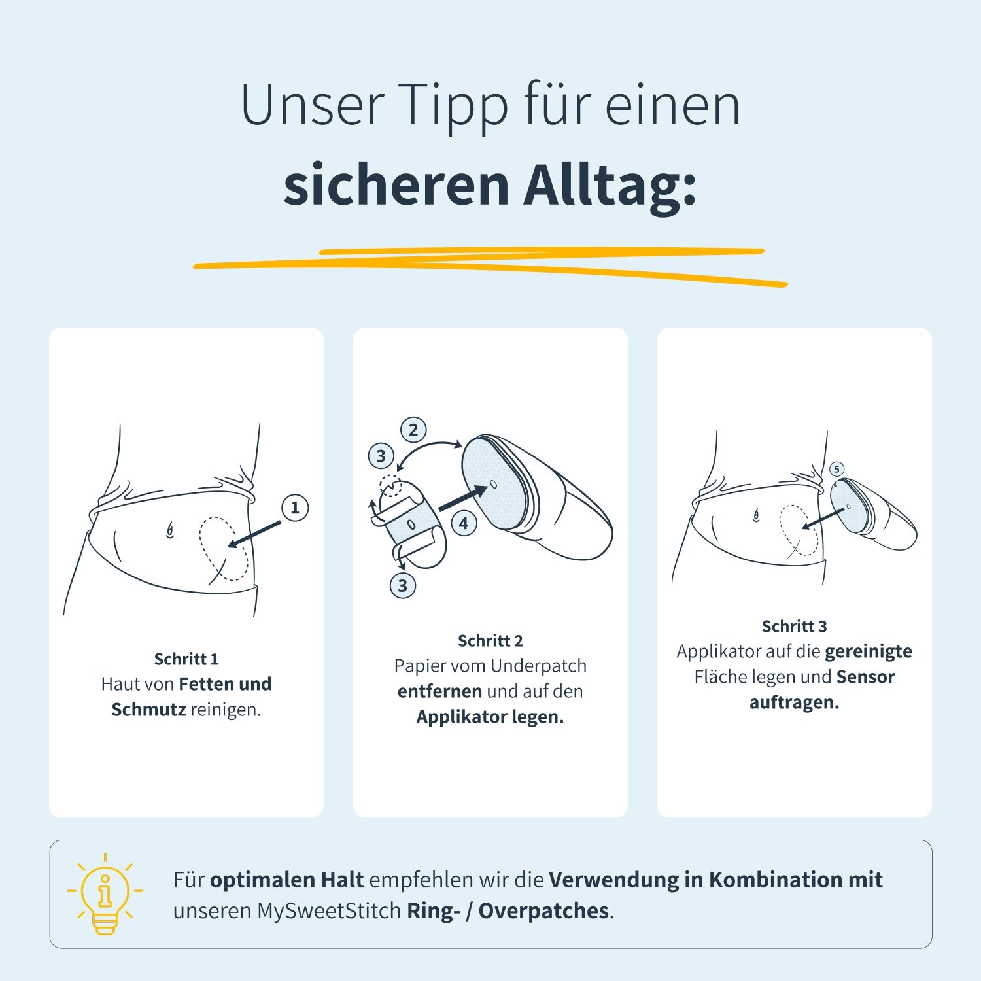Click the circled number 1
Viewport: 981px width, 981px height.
pos(295,508)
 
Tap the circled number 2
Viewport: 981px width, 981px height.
pos(413,430)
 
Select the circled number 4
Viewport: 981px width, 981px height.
pos(464,523)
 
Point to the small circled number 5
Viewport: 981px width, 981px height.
pos(836,469)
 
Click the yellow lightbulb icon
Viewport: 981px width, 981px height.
pos(105,894)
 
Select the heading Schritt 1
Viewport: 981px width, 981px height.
pos(186,659)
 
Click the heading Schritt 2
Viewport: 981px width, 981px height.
pos(490,640)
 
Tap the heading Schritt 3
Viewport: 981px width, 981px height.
pos(794,626)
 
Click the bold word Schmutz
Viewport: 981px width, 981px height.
pos(148,710)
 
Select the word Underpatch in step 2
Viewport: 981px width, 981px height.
pos(538,666)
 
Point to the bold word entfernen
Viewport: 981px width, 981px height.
pos(439,691)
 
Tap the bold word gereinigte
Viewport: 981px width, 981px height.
pos(868,651)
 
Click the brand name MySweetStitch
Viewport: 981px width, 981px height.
pos(329,910)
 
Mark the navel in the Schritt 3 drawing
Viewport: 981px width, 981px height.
pos(757,515)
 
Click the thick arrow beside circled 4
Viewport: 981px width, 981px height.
pos(462,498)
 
